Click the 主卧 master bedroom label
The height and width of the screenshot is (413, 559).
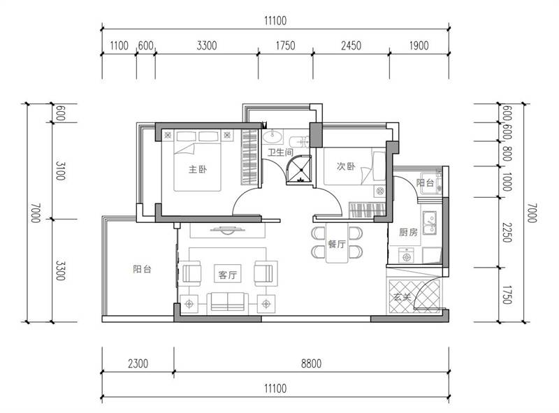coord(198,169)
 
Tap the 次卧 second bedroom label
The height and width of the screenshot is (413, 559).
coord(346,166)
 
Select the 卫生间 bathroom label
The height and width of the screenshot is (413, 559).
coord(280,152)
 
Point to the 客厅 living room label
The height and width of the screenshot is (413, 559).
coord(228,275)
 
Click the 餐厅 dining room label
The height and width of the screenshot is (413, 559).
coord(337,245)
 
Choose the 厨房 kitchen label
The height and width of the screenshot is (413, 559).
coord(408,233)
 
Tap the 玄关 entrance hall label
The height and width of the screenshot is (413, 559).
coord(402,297)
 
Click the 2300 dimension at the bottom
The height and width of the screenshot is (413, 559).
coord(138,364)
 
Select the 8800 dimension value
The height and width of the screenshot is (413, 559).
coord(311,364)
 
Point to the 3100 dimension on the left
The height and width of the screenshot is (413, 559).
coord(60,171)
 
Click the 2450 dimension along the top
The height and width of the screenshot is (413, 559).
coord(351,45)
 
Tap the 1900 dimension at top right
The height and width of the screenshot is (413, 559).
coord(419,45)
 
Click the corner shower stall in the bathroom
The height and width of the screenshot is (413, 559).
coord(299,170)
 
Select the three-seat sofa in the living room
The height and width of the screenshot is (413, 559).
coord(228,302)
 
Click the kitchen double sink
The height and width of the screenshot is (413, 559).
coord(430,223)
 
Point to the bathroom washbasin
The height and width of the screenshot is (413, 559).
coord(273,136)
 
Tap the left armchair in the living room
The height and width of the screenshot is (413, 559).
coord(191,273)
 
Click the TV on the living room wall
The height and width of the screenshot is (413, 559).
coord(228,230)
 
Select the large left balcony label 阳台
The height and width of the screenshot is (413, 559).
coord(143,269)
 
